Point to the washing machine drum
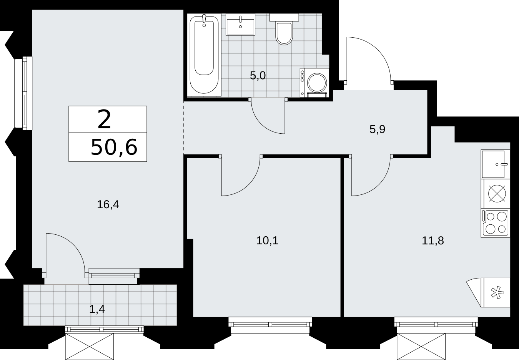[317, 83]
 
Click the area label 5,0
[258, 76]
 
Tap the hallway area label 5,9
[377, 129]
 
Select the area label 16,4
[108, 205]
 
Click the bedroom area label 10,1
[267, 241]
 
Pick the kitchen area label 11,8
[432, 241]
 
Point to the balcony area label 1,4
[97, 309]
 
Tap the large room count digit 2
[104, 119]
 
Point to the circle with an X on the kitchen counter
[497, 193]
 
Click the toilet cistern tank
[284, 17]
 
